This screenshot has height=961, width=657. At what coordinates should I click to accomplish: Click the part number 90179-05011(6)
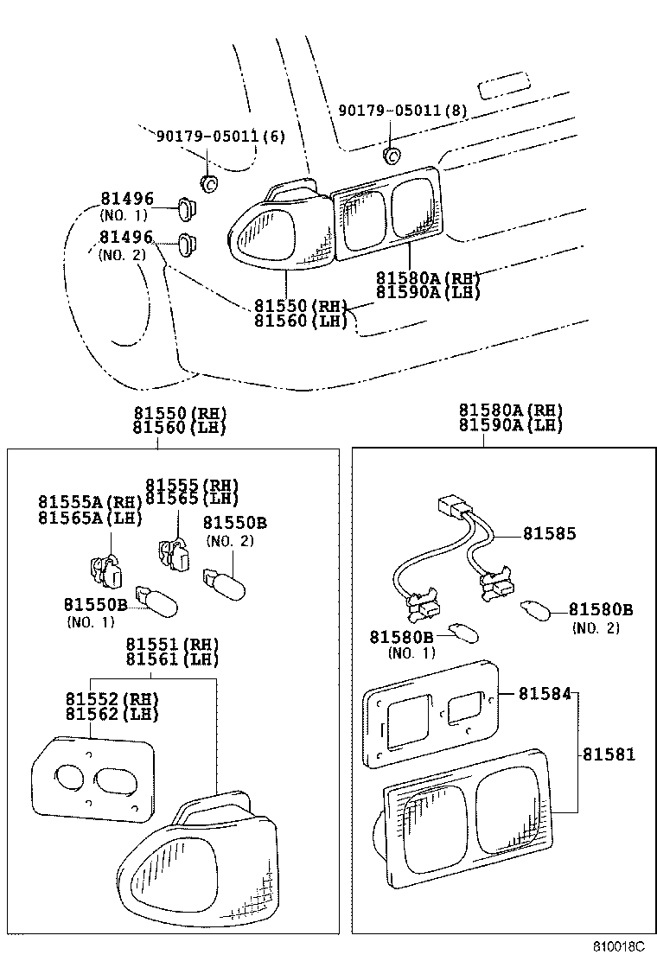(x=220, y=137)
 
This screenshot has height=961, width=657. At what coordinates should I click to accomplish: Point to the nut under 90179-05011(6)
(x=208, y=182)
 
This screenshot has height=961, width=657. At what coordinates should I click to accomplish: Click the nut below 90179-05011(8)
(x=392, y=156)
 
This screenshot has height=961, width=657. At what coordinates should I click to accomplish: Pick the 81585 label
(x=550, y=534)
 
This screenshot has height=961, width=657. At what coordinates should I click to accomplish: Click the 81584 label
(x=544, y=693)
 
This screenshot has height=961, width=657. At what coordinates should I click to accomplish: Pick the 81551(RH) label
(x=173, y=645)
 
